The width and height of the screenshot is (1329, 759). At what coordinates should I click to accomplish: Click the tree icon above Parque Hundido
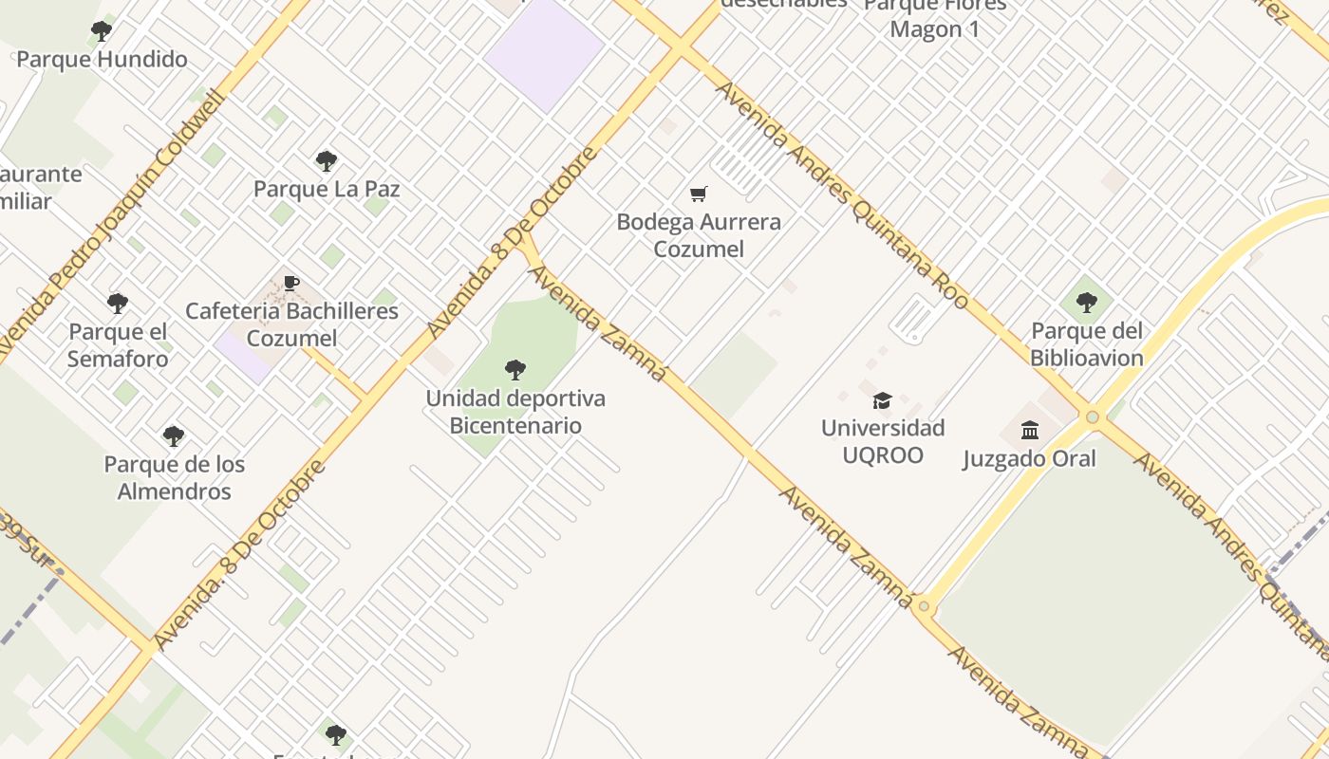pos(102,31)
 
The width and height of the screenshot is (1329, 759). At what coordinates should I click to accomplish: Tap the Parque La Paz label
pos(327,189)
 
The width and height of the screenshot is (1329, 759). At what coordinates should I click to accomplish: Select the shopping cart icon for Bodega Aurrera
pos(699,194)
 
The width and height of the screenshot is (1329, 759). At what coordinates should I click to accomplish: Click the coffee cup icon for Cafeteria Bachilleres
pos(291,283)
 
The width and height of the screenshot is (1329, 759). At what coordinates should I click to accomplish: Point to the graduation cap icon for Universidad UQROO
pos(883,400)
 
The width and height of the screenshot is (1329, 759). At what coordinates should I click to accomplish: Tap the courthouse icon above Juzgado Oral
pos(1030,431)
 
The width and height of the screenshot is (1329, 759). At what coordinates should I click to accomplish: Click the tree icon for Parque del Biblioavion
pos(1087,303)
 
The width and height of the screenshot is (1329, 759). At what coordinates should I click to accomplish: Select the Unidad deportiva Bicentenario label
pos(515,412)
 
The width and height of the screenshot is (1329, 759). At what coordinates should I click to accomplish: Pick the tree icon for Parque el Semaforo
pos(118,304)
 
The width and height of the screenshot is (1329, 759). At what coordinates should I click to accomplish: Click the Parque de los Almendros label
pos(174,478)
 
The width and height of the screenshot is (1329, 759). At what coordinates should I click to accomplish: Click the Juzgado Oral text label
pos(1030,459)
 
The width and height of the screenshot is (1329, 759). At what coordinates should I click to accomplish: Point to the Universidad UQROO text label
pos(883,441)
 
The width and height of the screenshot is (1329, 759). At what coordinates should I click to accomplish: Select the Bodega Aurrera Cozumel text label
pos(699,235)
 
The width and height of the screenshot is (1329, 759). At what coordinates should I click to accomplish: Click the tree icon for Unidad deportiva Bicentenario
pos(515,369)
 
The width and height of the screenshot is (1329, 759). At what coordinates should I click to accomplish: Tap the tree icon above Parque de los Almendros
pos(174,436)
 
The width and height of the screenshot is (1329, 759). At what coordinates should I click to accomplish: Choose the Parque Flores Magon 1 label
pos(935,18)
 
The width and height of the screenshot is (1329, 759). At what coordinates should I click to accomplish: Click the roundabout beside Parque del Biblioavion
pos(1093,417)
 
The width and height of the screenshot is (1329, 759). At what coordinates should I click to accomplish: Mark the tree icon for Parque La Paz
pos(327,161)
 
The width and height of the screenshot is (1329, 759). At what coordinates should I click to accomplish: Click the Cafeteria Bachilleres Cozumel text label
pos(291,324)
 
